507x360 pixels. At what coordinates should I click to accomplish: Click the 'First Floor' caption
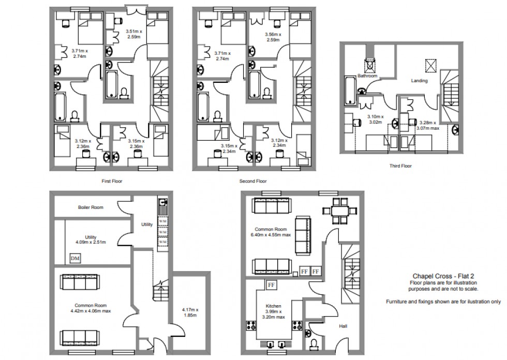click(112, 182)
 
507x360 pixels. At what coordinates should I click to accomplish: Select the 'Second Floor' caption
click(252, 182)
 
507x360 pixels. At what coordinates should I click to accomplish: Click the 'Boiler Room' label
click(91, 207)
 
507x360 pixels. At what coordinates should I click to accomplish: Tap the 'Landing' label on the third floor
click(419, 81)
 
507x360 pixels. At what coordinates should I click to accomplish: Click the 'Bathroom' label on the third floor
click(368, 76)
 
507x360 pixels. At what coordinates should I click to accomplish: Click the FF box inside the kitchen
click(272, 284)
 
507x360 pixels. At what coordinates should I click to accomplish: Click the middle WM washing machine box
click(163, 232)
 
